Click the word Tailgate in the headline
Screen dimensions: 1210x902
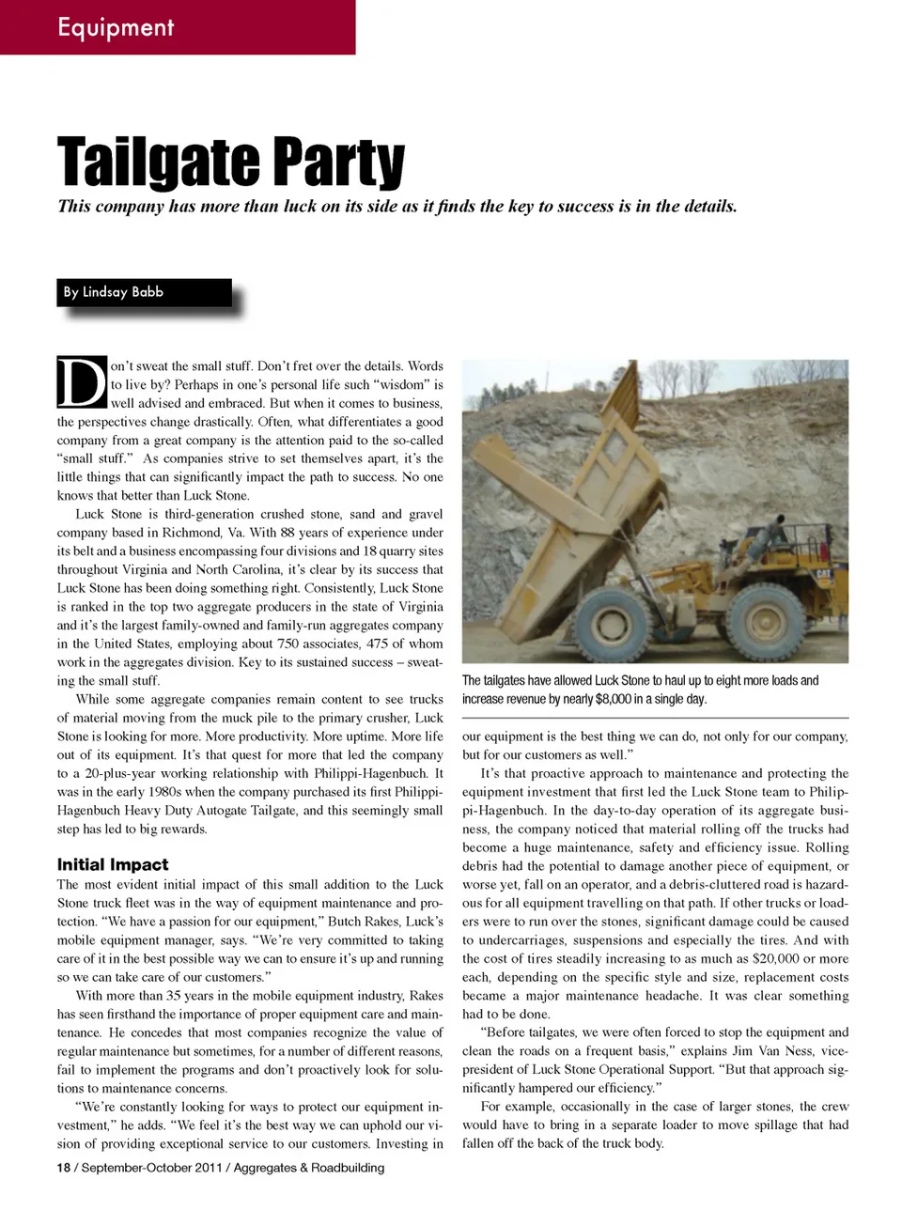click(x=150, y=162)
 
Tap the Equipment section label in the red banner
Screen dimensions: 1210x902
click(x=116, y=26)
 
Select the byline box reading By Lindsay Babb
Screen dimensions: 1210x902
click(x=144, y=292)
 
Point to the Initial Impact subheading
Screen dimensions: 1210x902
click(x=113, y=864)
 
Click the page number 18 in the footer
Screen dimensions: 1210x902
click(x=63, y=1168)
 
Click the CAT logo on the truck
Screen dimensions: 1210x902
click(x=823, y=573)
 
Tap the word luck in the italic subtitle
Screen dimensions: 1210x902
click(x=299, y=207)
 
